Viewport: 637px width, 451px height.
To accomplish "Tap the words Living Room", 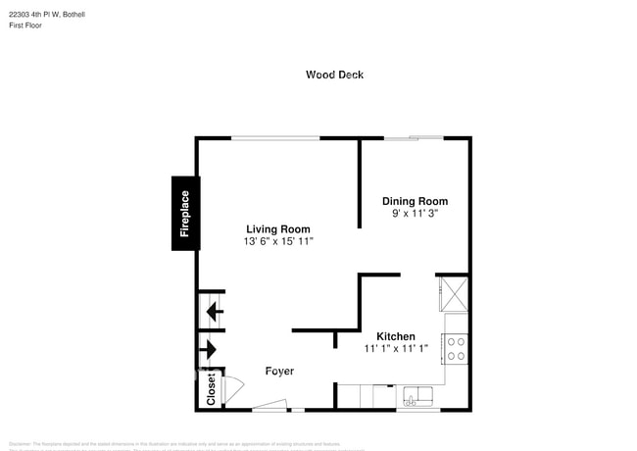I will tap(278, 229).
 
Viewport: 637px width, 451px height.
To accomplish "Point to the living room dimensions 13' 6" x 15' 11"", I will tap(278, 241).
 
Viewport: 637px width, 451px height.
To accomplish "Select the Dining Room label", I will tap(415, 201).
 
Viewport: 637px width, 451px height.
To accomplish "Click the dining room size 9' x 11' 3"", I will tap(415, 213).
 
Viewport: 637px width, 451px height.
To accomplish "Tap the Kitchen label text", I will tap(396, 336).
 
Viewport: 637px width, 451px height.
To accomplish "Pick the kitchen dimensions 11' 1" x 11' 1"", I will tap(396, 348).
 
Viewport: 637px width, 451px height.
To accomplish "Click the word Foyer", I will tap(280, 371).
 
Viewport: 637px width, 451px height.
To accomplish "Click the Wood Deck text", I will tap(334, 75).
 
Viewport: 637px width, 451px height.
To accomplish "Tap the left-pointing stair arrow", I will tap(212, 313).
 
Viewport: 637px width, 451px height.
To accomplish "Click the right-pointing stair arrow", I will tap(210, 348).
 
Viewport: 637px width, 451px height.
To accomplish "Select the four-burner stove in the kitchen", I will tap(457, 348).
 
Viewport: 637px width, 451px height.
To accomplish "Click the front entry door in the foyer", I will tap(269, 406).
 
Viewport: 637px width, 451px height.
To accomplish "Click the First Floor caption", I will tap(26, 25).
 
